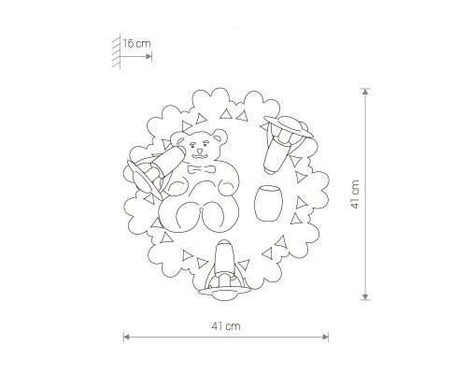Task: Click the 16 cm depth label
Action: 136,43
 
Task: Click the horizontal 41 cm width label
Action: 226,326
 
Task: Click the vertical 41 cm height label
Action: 355,194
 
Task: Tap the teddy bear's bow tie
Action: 202,169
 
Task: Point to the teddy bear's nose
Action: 199,152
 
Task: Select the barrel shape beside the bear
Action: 269,203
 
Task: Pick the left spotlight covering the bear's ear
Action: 168,162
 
